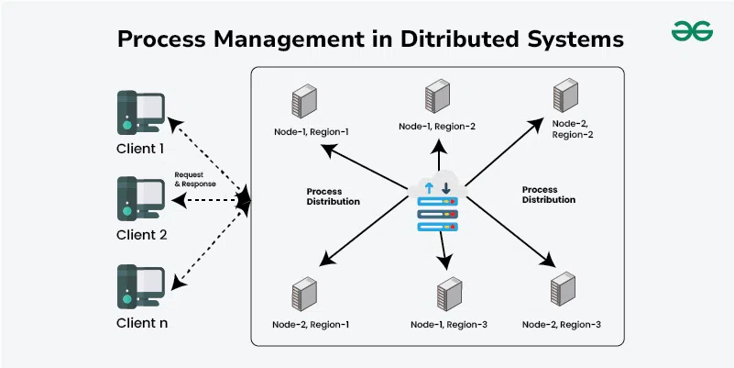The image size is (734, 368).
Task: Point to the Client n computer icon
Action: (x=140, y=286)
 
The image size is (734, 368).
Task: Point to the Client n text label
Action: (x=141, y=322)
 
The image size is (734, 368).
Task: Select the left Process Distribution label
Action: (x=334, y=196)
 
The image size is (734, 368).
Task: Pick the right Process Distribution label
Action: (x=549, y=194)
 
